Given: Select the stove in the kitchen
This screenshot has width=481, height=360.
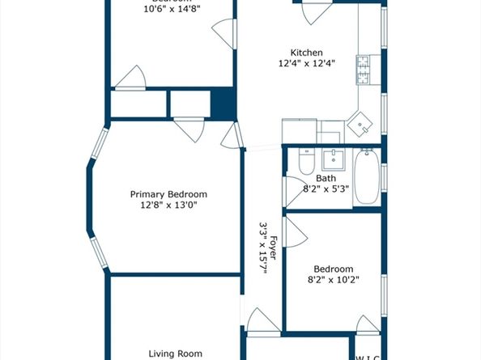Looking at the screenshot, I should [x=363, y=70].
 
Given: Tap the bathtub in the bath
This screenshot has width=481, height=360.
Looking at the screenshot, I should [x=366, y=180].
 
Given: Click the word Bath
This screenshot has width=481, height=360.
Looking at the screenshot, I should [x=326, y=179].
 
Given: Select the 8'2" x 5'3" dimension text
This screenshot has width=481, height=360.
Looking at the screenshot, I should [x=326, y=189].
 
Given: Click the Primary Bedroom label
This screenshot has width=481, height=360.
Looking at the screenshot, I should [x=169, y=194].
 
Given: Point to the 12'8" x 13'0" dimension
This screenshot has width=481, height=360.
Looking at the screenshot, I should [x=169, y=205].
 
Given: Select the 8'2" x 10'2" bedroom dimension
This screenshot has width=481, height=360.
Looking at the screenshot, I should [x=334, y=280].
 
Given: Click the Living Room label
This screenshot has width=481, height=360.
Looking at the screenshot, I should [x=174, y=354].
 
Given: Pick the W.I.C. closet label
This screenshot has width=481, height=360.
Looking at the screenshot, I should [x=368, y=356].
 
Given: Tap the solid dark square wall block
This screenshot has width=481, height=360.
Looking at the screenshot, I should [x=222, y=104].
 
